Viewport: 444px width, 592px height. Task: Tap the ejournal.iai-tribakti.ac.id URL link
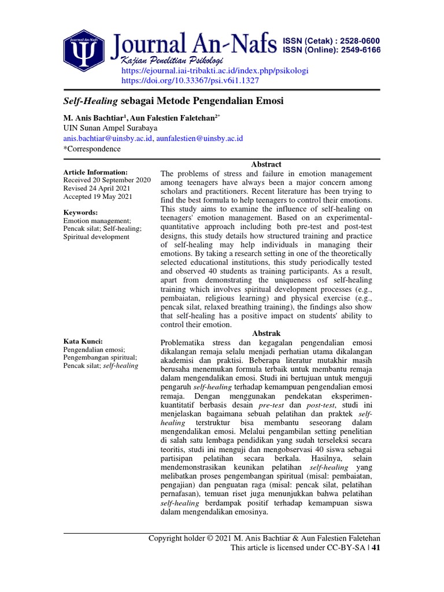click(214, 71)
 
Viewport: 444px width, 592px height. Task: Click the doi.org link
click(186, 80)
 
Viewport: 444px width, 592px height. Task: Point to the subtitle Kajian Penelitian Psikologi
click(171, 61)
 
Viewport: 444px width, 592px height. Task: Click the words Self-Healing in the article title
click(91, 101)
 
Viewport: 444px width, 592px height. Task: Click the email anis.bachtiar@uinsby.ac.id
click(108, 138)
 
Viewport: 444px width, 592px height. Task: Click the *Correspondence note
click(92, 149)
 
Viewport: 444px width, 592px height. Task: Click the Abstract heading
click(266, 164)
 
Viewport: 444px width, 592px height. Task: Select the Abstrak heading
click(266, 334)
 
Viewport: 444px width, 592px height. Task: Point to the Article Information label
click(95, 172)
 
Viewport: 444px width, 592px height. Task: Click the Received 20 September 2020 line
click(107, 180)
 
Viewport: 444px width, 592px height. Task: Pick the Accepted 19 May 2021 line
click(97, 197)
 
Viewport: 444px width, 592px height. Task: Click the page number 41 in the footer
click(375, 547)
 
